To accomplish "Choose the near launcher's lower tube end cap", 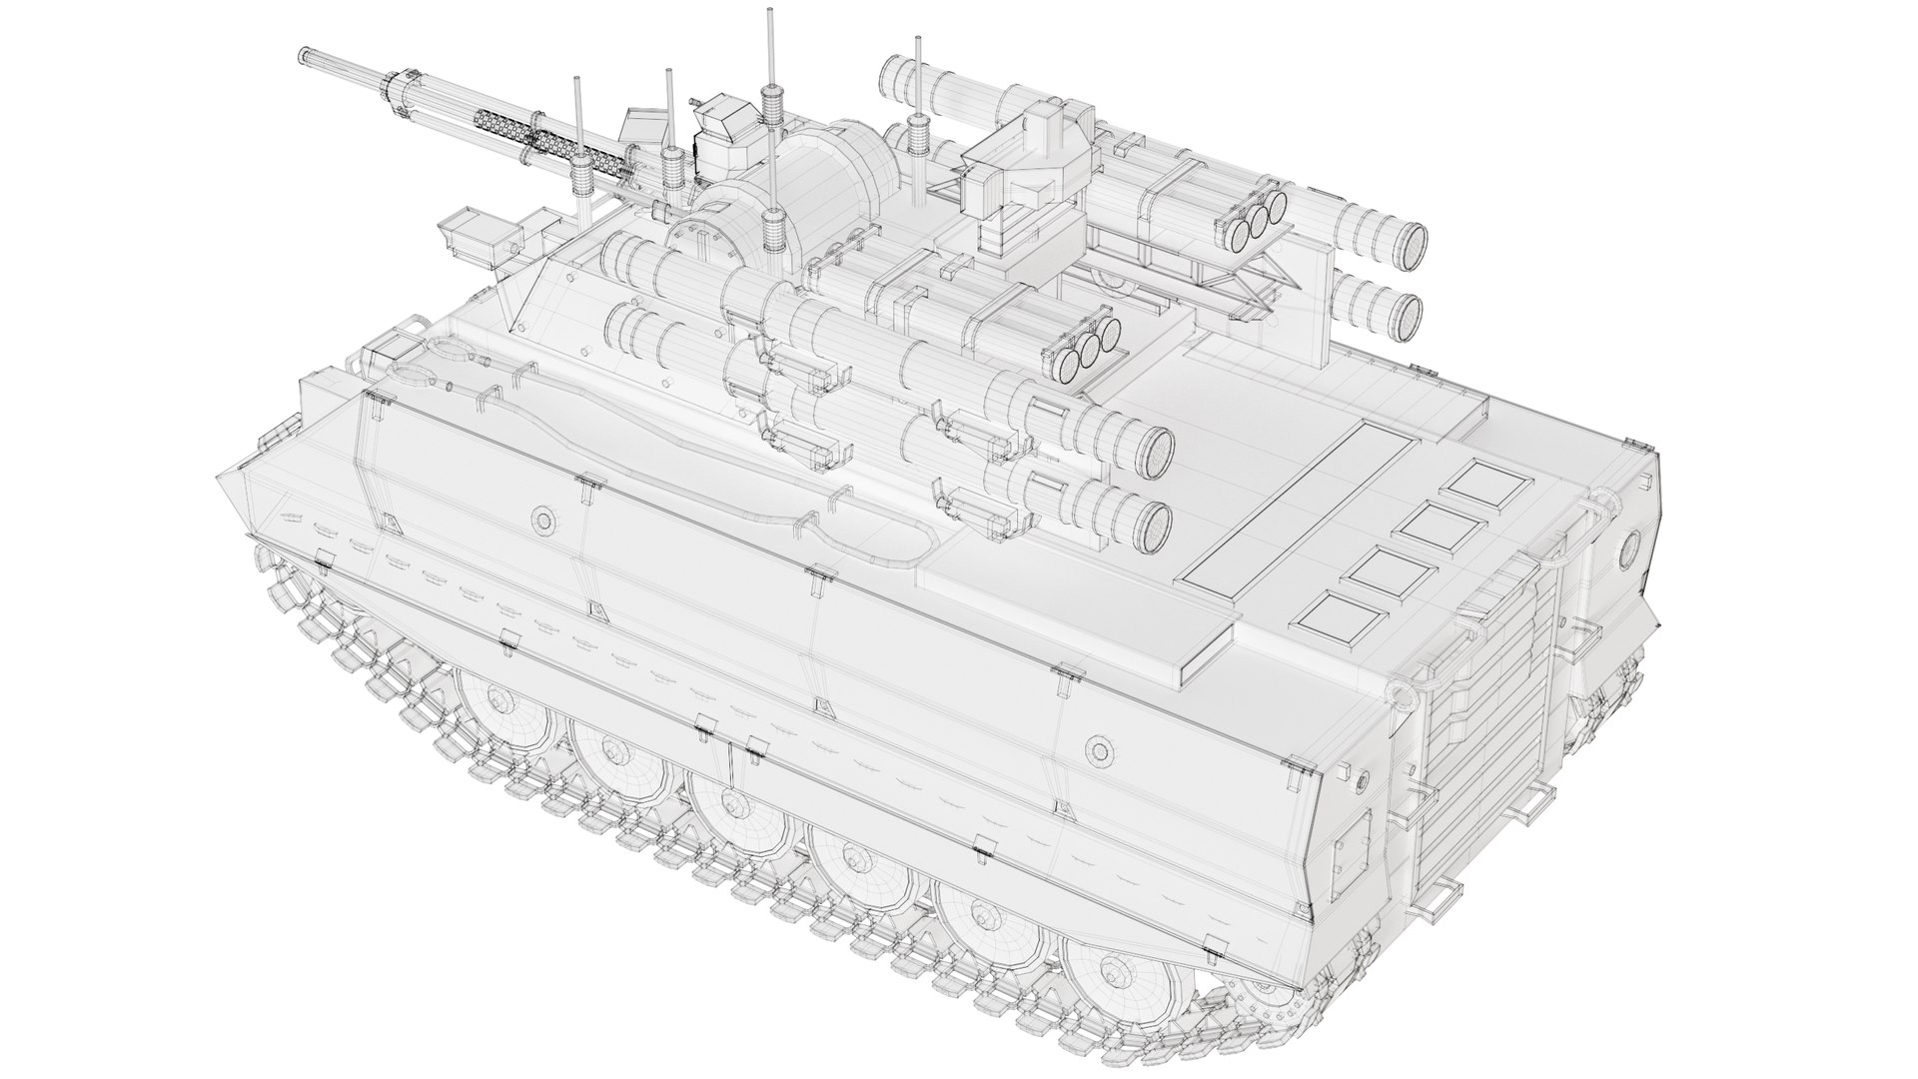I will click(1155, 524).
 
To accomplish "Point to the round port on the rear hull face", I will click(1629, 545).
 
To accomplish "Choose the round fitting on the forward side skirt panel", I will click(543, 519).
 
